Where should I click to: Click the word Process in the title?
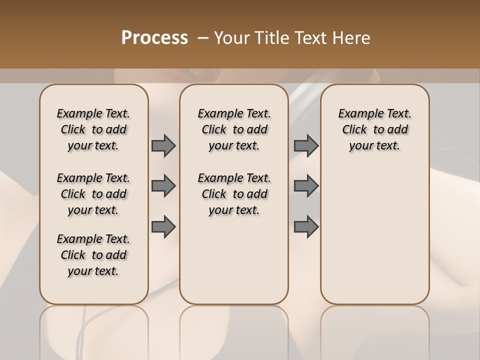tap(154, 38)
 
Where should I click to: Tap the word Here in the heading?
tap(352, 38)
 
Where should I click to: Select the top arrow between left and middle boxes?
tap(163, 145)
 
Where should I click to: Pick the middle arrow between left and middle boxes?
tap(163, 186)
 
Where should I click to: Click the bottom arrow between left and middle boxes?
tap(163, 227)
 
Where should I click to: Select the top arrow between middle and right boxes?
tap(306, 145)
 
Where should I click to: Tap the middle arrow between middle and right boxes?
tap(306, 186)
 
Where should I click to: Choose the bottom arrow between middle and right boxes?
tap(306, 227)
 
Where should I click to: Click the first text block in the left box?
tap(93, 129)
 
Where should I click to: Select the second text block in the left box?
tap(93, 194)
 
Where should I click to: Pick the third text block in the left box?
tap(93, 255)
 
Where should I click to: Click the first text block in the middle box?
tap(234, 129)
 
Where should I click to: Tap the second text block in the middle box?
tap(234, 194)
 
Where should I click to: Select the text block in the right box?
tap(374, 129)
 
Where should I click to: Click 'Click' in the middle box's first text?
tap(214, 130)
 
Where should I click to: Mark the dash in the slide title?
tap(203, 38)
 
